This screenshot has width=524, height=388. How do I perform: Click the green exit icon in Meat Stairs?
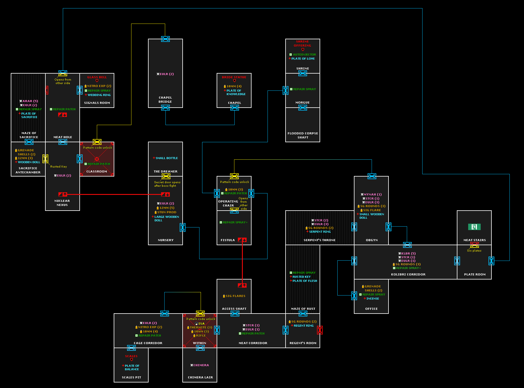tap(474, 227)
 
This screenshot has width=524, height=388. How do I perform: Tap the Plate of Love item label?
tap(303, 59)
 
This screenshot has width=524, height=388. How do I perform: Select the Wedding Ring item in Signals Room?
tap(99, 95)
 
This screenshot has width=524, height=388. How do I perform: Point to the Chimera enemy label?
tap(201, 365)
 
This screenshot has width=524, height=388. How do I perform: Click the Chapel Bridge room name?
tap(165, 100)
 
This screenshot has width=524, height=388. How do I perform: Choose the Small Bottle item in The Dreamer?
tap(167, 158)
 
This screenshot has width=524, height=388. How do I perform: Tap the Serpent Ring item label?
tap(320, 232)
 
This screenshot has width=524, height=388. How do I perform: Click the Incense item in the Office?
tap(372, 299)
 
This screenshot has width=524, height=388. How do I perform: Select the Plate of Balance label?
tap(132, 368)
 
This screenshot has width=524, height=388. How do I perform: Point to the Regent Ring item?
tap(304, 326)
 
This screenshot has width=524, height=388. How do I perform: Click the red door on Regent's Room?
tap(320, 330)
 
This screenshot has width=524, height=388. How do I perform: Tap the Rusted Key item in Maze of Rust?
tap(301, 277)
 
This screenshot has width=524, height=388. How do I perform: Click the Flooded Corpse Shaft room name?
tap(303, 136)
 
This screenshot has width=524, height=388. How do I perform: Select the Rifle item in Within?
tap(201, 336)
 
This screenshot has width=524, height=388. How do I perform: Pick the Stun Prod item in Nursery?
tap(167, 212)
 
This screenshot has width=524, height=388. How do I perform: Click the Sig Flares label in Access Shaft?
tap(235, 296)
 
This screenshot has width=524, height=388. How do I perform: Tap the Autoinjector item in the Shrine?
tap(304, 55)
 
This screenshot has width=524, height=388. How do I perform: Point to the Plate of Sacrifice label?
tap(29, 115)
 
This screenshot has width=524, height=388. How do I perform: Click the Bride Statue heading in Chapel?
tap(234, 77)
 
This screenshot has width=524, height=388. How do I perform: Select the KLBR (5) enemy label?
tap(408, 254)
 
